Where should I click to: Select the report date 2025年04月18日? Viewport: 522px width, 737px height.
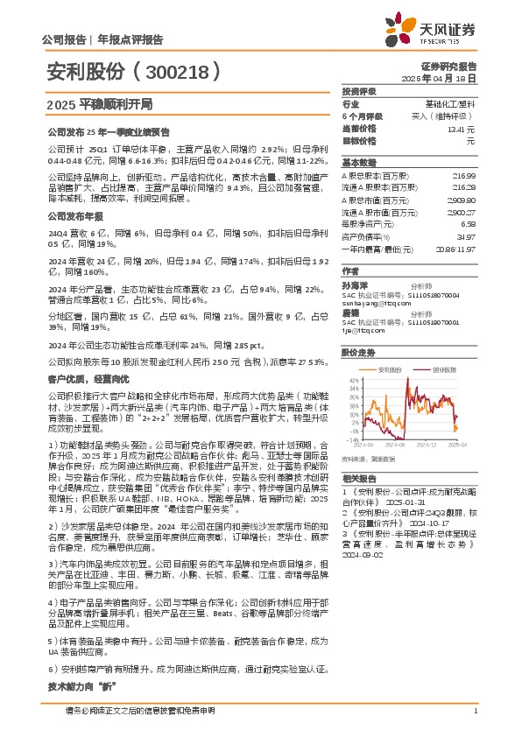point(448,78)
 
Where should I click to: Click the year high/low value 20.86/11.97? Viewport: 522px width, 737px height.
point(455,249)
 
